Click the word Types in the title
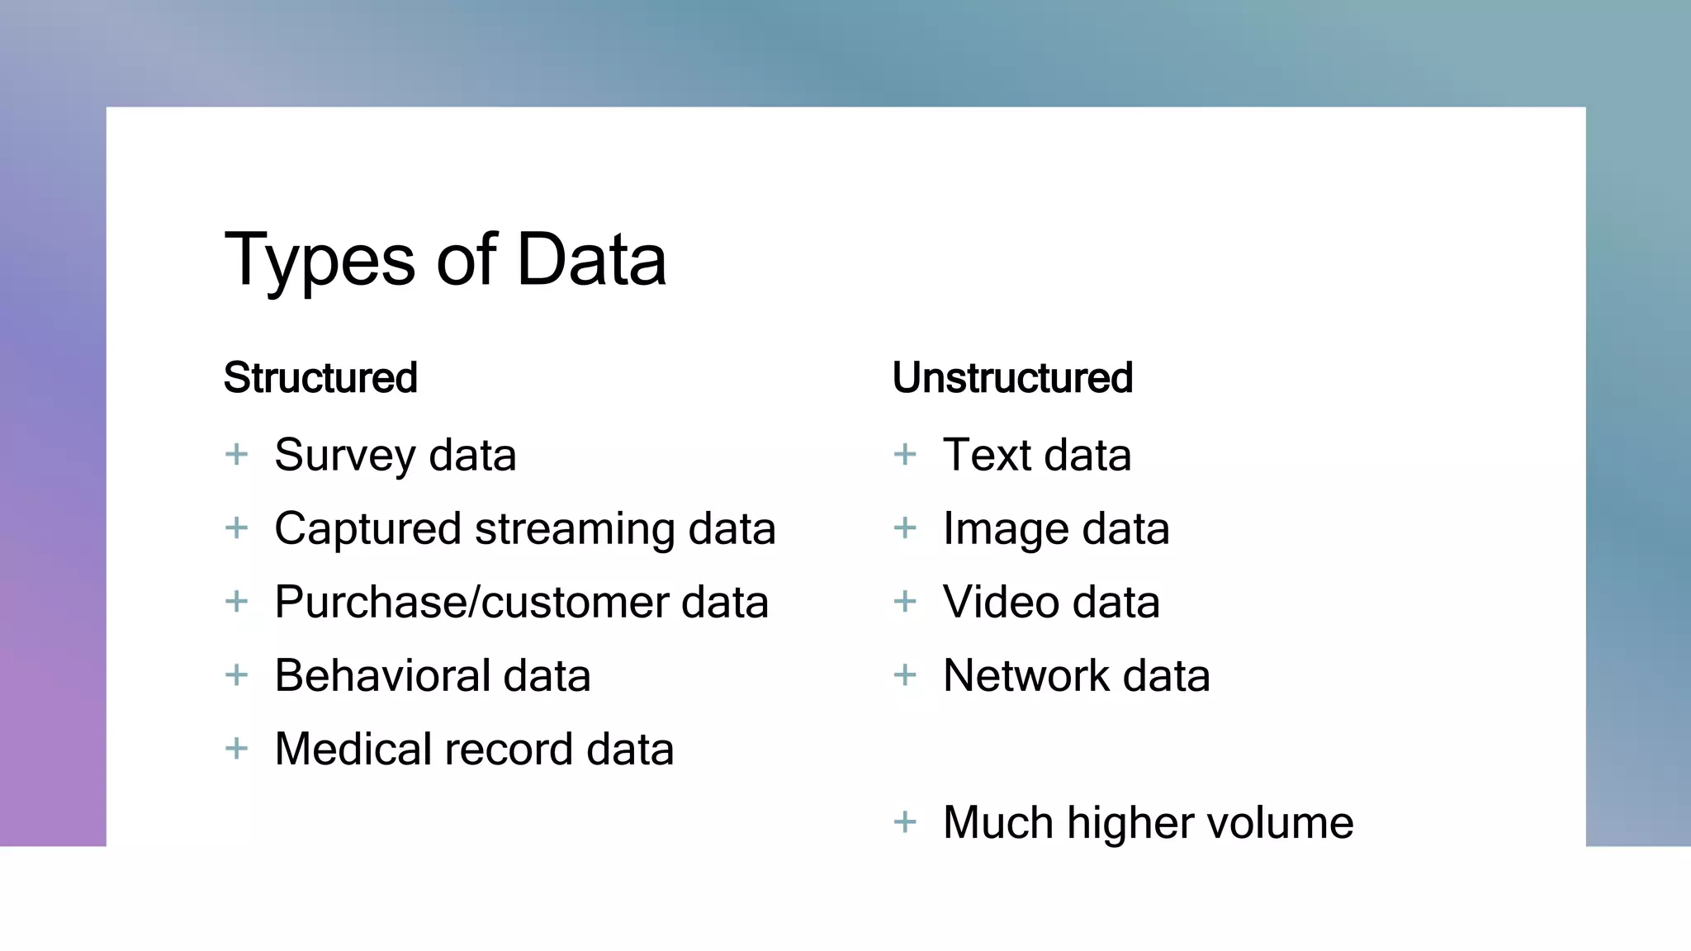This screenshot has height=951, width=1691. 320,261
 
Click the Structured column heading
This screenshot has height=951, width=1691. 320,378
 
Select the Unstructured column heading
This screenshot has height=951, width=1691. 1012,378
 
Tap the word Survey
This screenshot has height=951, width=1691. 345,456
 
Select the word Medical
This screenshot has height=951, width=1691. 353,749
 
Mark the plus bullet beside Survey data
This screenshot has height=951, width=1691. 237,454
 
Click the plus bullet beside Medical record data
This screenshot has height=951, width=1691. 237,749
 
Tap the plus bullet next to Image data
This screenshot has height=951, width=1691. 905,528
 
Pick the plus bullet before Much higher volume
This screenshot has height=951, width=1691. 905,822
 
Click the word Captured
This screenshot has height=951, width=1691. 367,529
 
